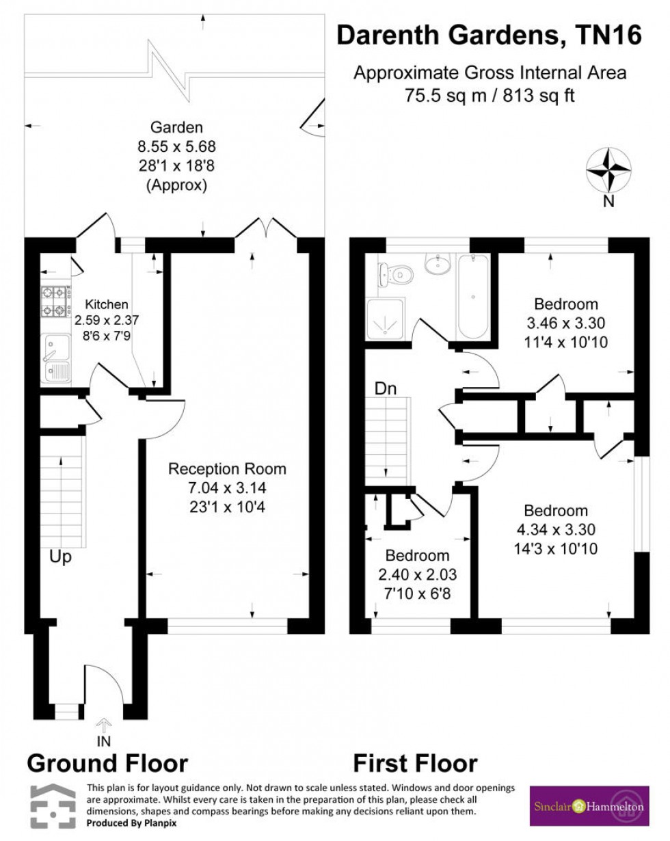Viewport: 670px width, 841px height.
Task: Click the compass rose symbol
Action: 609,170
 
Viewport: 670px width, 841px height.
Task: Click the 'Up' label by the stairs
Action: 60,557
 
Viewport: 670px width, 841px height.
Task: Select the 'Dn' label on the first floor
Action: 384,388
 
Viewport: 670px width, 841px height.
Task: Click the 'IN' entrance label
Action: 104,740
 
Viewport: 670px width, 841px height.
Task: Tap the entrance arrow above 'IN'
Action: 104,723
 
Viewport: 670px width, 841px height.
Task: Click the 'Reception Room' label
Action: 227,469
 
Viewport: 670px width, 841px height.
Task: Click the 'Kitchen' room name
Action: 106,305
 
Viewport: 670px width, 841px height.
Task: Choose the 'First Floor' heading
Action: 415,763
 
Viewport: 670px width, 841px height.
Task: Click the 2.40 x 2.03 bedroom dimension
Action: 416,575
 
